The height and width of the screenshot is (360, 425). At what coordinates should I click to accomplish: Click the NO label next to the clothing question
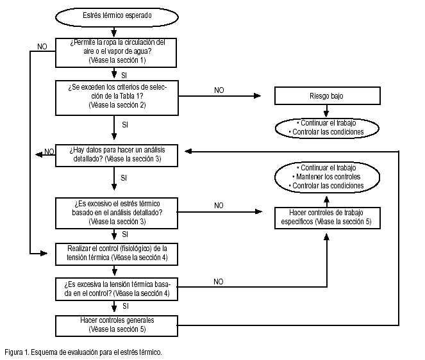tap(42, 47)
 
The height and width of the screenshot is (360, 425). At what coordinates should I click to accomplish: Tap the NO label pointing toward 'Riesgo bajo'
tap(219, 90)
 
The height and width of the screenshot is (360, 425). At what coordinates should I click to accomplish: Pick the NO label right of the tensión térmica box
tap(219, 282)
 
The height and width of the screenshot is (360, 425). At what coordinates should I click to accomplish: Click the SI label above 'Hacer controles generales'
tap(125, 306)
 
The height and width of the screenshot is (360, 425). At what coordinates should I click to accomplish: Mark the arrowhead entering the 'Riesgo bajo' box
tap(257, 95)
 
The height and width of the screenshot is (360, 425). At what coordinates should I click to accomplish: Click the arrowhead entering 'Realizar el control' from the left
tap(44, 254)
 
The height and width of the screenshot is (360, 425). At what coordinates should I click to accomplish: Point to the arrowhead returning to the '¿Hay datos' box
tap(188, 151)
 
